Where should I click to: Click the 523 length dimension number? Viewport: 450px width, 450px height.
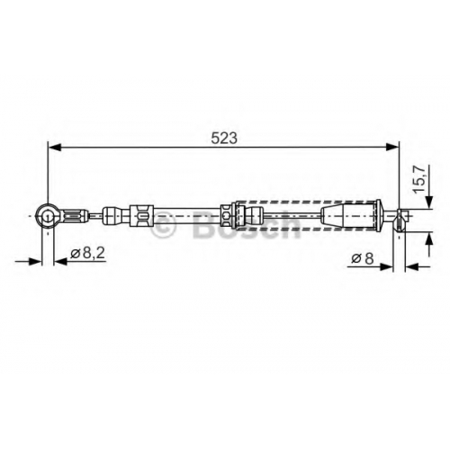tap(224, 138)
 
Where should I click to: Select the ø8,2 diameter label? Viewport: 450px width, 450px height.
tap(87, 254)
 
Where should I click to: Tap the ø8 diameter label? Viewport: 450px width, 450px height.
tap(363, 258)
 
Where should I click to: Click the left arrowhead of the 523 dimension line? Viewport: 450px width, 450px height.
tap(55, 148)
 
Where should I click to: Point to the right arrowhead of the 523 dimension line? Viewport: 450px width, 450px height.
tap(392, 148)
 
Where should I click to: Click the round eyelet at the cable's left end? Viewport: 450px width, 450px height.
tap(47, 216)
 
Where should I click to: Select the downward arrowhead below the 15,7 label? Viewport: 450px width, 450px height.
tap(430, 202)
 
